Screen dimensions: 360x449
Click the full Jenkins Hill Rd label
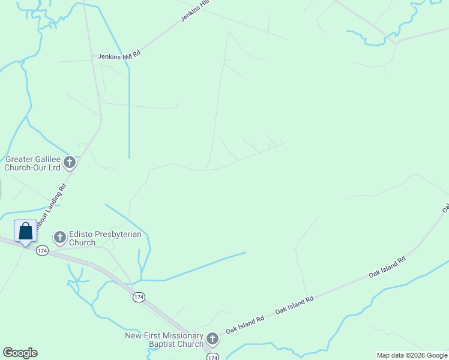119,55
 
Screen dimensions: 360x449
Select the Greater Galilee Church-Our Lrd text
32,163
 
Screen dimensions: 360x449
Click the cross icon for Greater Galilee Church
70,161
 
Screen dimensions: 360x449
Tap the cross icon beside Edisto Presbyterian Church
59,238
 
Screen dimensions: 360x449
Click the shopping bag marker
25,232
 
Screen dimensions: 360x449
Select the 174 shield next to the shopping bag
41,250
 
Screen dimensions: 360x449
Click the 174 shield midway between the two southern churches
139,298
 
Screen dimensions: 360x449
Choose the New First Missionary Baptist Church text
164,340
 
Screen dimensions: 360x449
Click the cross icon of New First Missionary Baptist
212,338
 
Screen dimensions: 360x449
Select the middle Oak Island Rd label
294,305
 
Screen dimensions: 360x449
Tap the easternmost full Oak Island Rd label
387,266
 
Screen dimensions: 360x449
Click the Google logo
20,353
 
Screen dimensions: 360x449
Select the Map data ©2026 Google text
411,355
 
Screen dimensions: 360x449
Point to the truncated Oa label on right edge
445,207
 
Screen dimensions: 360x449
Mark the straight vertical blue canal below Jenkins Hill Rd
129,114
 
